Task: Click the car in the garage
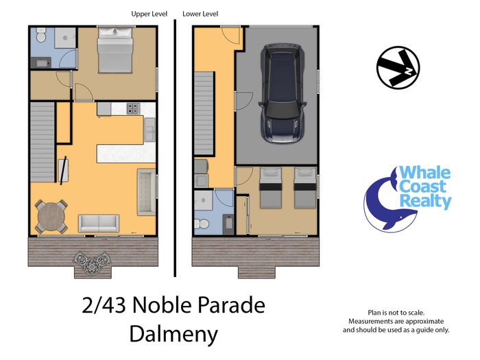click(x=283, y=94)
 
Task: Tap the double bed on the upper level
click(x=115, y=50)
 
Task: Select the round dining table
click(x=51, y=217)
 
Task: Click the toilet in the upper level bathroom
click(x=40, y=35)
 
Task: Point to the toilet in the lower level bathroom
click(x=202, y=224)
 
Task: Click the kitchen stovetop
click(x=133, y=108)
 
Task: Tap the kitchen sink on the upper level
click(x=150, y=130)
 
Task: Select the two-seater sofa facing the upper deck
click(x=99, y=224)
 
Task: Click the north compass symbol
click(x=398, y=68)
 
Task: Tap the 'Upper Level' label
click(x=149, y=14)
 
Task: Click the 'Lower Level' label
click(x=200, y=14)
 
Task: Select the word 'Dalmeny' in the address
click(x=173, y=334)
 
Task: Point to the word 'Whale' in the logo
click(x=425, y=173)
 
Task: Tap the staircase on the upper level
click(x=43, y=142)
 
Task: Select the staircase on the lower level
click(x=204, y=113)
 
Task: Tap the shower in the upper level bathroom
click(x=65, y=38)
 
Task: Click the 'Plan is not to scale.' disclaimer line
click(x=396, y=313)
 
